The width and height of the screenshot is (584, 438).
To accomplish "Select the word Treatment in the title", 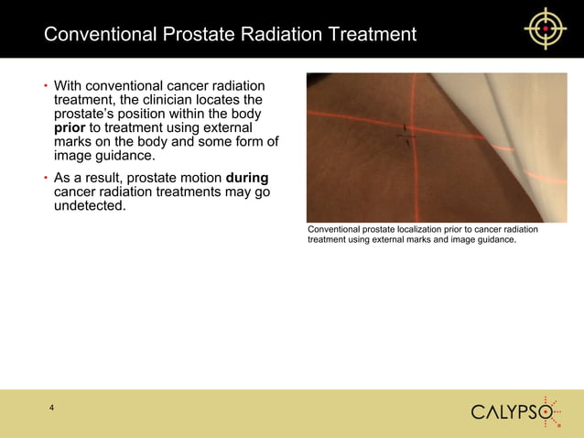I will pos(371,35).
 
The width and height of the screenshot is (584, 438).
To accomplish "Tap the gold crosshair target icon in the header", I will pos(546,28).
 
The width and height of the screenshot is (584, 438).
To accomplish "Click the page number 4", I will pos(52,408).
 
